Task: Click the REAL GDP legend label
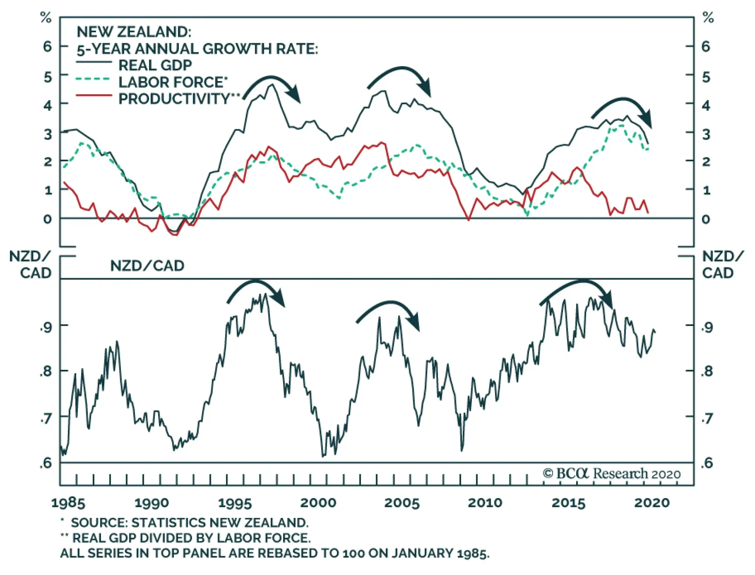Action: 155,65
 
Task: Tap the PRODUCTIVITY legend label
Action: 174,99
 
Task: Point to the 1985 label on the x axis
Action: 68,502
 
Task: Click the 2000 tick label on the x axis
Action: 319,502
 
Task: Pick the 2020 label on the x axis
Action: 652,502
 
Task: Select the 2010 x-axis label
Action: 485,502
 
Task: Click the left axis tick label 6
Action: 47,46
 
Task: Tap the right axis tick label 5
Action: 706,77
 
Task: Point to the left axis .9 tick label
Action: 46,326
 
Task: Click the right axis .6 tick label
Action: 706,463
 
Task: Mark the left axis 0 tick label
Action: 47,219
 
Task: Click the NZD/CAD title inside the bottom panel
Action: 147,266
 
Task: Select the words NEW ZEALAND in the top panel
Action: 134,32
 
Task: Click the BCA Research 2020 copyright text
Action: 612,474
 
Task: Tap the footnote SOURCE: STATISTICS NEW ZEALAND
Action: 189,523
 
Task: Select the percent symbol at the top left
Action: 46,18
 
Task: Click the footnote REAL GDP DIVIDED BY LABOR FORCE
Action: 191,538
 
